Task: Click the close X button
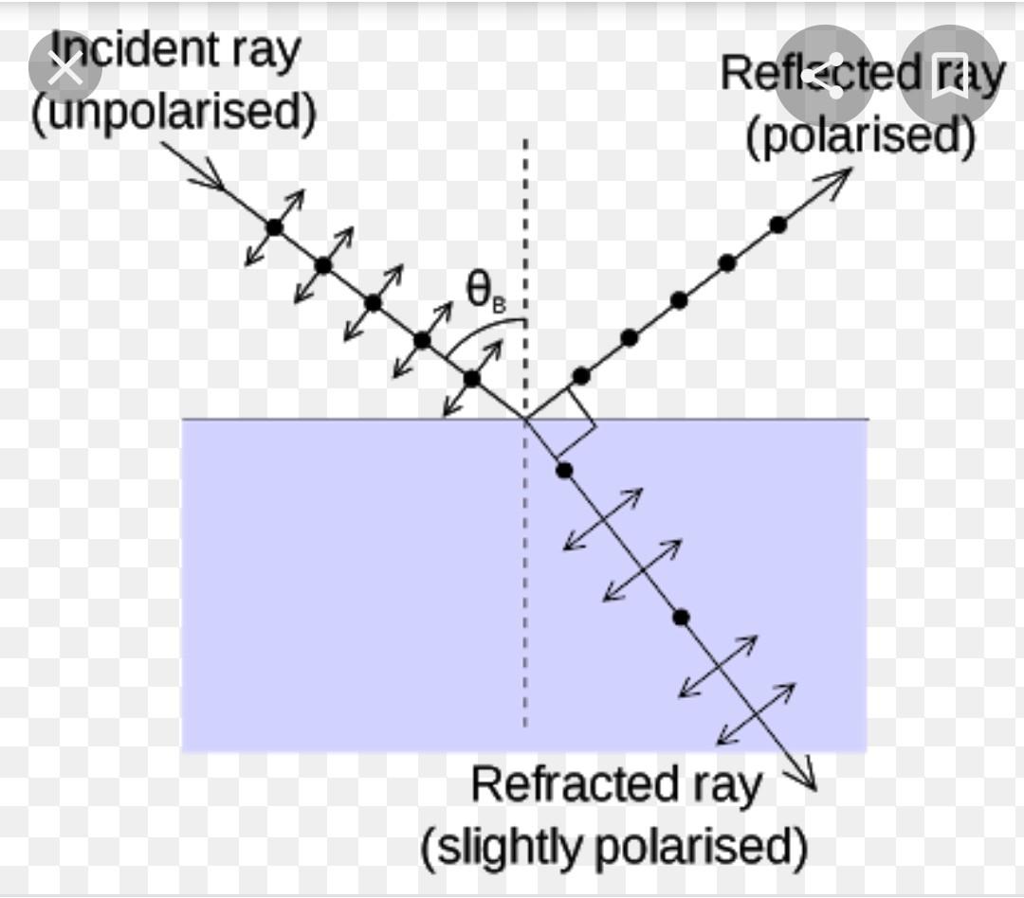[x=64, y=68]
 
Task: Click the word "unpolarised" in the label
[x=174, y=113]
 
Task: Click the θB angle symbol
[x=485, y=291]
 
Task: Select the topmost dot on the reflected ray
[x=777, y=224]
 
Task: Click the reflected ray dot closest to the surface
[x=581, y=376]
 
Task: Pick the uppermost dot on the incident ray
[x=274, y=227]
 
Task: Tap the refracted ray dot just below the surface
[x=564, y=470]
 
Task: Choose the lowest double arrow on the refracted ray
[x=756, y=713]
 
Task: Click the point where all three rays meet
[x=525, y=419]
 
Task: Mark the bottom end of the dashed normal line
[x=525, y=725]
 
